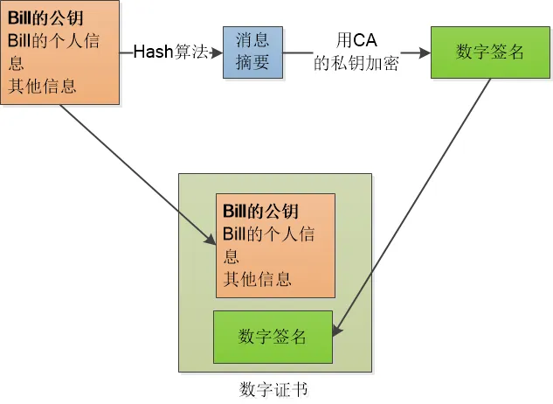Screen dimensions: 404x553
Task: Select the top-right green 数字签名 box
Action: tap(490, 52)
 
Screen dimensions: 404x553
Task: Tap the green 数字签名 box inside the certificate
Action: tap(273, 337)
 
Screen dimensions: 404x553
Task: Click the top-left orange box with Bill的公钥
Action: tap(60, 52)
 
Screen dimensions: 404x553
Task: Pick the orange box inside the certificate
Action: tap(275, 246)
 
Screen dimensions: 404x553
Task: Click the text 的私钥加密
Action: tap(356, 64)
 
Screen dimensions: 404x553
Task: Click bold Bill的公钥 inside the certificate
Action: tap(260, 212)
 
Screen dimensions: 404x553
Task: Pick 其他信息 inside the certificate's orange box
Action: tap(258, 280)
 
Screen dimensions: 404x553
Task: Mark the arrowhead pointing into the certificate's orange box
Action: tap(211, 240)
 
